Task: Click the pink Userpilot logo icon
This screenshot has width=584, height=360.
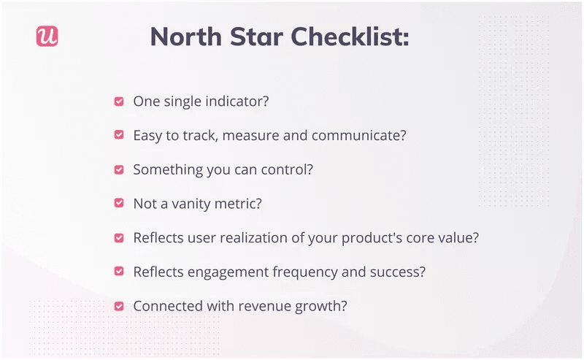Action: tap(47, 37)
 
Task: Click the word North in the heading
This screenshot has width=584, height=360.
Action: tap(184, 37)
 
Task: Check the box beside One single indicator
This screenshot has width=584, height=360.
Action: tap(119, 102)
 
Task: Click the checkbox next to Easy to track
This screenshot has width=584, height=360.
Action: tap(119, 135)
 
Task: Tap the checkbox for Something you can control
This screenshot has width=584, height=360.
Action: tap(119, 169)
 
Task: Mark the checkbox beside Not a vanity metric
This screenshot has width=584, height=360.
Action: tap(119, 204)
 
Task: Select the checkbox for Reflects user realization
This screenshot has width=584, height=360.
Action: tap(119, 238)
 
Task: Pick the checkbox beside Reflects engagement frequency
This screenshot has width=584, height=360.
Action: tap(119, 272)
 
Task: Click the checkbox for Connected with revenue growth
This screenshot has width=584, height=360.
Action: tap(119, 306)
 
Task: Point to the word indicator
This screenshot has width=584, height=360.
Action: tap(237, 102)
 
